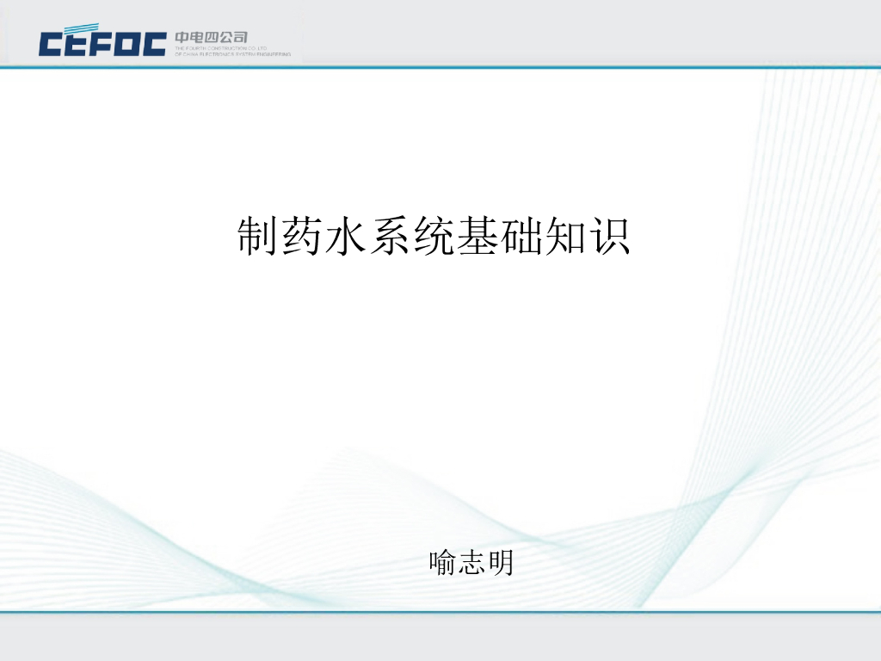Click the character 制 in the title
pos(258,237)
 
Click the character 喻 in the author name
pos(443,563)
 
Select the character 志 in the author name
pos(471,563)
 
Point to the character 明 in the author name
pos(500,563)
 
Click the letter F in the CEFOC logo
pos(102,43)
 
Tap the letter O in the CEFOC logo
pos(127,43)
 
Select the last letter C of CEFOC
pos(153,43)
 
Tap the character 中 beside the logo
pos(182,37)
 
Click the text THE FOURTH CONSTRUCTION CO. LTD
pos(221,48)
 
